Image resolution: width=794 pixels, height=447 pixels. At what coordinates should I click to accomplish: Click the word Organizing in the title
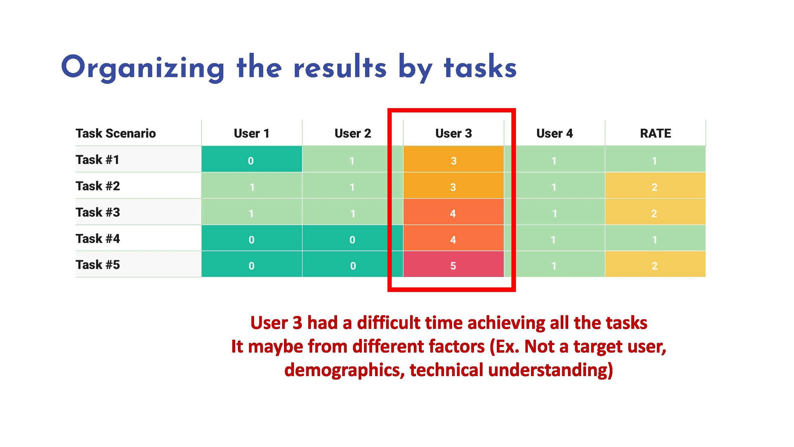143,68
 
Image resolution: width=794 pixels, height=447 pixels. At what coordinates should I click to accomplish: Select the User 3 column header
454,133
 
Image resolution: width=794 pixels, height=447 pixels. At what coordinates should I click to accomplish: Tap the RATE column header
655,133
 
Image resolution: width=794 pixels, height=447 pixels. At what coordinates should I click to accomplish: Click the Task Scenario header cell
116,133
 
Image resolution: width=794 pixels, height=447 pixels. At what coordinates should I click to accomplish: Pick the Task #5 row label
98,264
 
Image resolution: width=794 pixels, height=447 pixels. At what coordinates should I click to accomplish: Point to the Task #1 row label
97,159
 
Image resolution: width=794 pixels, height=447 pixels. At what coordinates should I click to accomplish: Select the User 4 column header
554,133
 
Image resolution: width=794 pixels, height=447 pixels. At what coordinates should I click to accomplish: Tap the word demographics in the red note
344,370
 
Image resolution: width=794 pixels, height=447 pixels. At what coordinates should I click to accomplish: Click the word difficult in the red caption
391,323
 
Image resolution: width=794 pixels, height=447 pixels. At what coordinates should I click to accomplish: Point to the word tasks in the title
480,68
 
